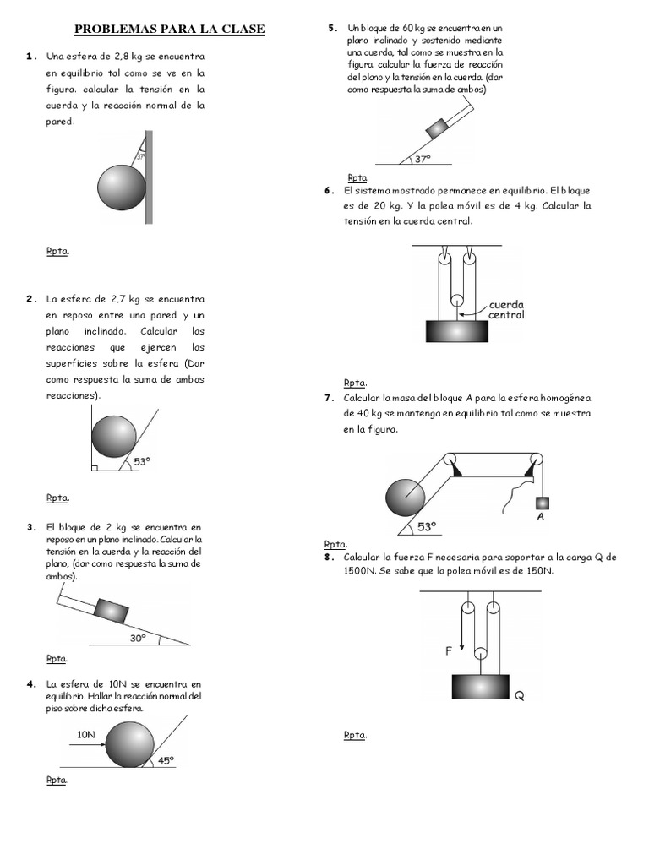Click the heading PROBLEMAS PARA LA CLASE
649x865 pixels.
click(170, 30)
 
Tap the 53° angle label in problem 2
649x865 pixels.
click(142, 461)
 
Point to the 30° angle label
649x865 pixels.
click(139, 638)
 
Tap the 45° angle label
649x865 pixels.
click(165, 759)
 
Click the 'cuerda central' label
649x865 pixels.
click(506, 309)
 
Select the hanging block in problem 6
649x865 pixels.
click(457, 330)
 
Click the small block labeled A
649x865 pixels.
click(540, 503)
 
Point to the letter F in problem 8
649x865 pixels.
click(450, 650)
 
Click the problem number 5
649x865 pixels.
click(332, 29)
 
